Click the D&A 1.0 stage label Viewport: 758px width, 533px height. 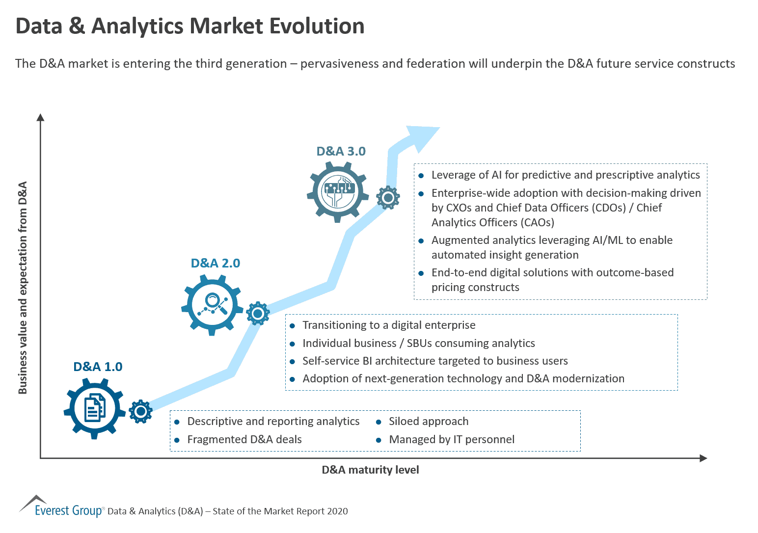(x=98, y=367)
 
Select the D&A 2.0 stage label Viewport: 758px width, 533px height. (x=215, y=263)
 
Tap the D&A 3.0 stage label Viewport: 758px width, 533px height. (x=341, y=151)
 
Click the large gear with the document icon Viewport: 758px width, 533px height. (x=94, y=408)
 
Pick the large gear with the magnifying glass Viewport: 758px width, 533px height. (x=212, y=305)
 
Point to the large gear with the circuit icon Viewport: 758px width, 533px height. (x=338, y=192)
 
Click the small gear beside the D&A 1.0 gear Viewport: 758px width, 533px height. (x=141, y=411)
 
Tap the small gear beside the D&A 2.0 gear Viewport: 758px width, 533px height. (x=258, y=313)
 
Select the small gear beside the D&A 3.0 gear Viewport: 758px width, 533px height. (x=388, y=198)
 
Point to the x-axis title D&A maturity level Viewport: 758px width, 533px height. (x=370, y=470)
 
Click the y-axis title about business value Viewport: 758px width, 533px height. (x=23, y=288)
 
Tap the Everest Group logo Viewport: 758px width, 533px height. (x=61, y=507)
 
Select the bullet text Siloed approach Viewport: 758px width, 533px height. (x=429, y=421)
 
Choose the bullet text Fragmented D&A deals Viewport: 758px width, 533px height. (x=244, y=439)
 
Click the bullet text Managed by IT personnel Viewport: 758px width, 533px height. (x=452, y=439)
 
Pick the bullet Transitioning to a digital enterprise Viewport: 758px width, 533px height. (x=389, y=325)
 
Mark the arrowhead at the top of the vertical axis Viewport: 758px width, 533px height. (x=41, y=117)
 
